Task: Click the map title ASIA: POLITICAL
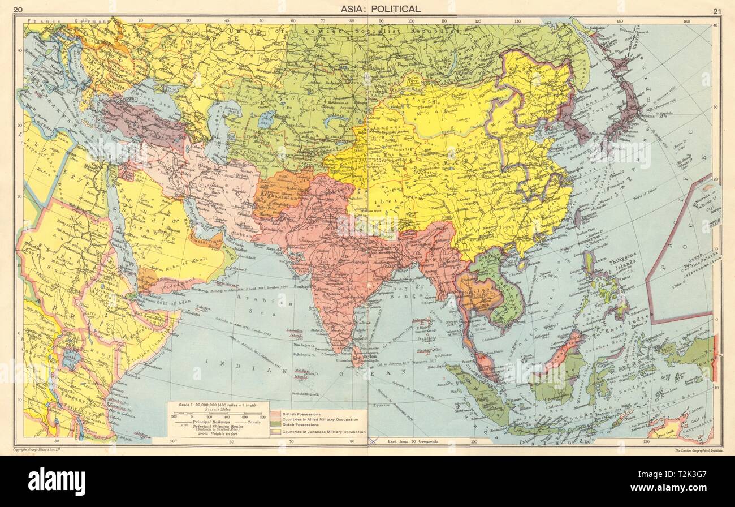point(379,8)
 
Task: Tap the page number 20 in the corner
point(18,9)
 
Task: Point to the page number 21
point(717,10)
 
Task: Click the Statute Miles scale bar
point(218,415)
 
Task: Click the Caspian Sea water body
point(217,133)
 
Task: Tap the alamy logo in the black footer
point(56,482)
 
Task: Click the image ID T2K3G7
point(690,481)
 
